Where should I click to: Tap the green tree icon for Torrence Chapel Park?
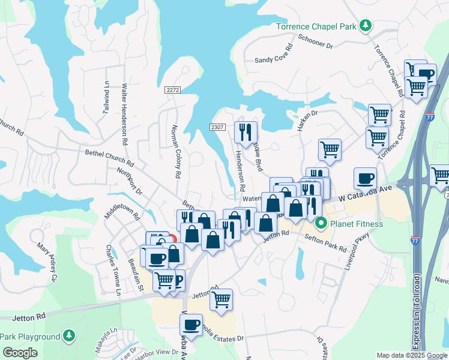[x=364, y=26]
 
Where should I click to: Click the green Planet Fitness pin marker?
[x=321, y=224]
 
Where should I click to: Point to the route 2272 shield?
[x=173, y=90]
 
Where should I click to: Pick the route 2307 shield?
[x=217, y=127]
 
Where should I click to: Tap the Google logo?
[x=20, y=353]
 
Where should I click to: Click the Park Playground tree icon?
[x=70, y=336]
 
